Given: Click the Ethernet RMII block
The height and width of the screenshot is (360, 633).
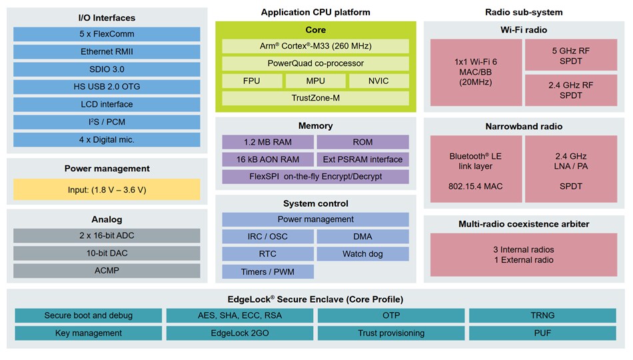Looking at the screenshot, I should (107, 52).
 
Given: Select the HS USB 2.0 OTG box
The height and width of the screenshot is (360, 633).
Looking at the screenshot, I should (107, 87).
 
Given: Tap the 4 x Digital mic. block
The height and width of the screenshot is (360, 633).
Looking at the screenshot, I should (107, 139).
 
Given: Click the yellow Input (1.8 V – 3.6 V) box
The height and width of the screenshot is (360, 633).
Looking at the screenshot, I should (107, 189).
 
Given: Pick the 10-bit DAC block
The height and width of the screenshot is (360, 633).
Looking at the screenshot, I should (107, 253).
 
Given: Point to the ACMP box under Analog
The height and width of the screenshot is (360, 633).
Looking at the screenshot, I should (107, 271).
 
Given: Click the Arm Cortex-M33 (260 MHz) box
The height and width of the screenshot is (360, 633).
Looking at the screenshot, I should (315, 46).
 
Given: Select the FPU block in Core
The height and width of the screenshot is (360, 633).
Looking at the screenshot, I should (252, 81).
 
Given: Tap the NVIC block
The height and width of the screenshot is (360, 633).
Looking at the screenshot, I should (378, 81).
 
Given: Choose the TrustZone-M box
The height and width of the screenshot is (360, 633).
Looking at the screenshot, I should (315, 98).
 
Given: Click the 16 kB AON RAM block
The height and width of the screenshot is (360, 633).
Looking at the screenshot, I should (268, 159).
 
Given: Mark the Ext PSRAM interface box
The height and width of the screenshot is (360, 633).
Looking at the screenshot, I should (362, 159).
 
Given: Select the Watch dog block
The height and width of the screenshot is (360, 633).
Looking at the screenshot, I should (362, 254).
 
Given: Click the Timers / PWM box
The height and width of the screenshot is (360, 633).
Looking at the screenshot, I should (268, 271).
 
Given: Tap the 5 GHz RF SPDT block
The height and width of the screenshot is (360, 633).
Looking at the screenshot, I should (571, 55).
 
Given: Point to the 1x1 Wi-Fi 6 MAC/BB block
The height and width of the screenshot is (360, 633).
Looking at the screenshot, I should (476, 72).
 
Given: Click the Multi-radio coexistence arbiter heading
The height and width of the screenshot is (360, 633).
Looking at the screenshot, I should (524, 225).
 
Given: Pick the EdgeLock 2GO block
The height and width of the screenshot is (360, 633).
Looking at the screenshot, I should (239, 333).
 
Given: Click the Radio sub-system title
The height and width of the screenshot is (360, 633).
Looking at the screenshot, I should (524, 12).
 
